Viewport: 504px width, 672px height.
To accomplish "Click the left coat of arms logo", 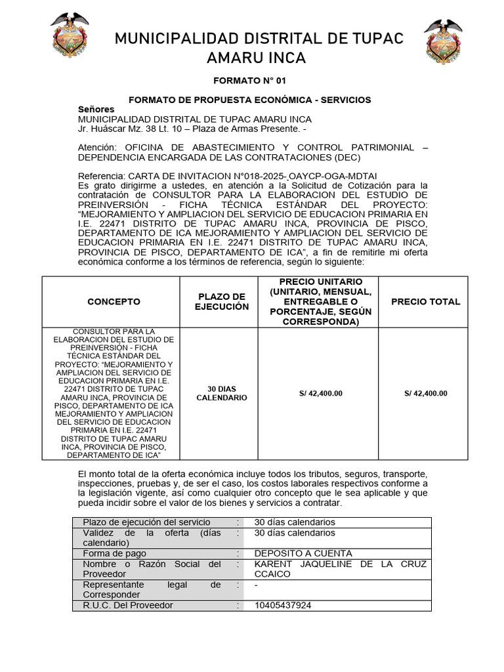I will pyautogui.click(x=70, y=36).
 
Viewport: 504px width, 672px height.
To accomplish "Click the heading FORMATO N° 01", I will pyautogui.click(x=250, y=81).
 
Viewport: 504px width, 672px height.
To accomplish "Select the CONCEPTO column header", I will pyautogui.click(x=114, y=302).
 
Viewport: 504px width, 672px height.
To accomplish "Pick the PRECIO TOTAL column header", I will pyautogui.click(x=425, y=302).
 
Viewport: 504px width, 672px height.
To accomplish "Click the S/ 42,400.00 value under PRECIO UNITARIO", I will pyautogui.click(x=320, y=393).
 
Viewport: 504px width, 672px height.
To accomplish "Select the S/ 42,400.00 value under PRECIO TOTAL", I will pyautogui.click(x=425, y=393).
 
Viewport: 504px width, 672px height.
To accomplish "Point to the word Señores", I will pyautogui.click(x=96, y=109).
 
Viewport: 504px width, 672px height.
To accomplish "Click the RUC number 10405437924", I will pyautogui.click(x=283, y=605).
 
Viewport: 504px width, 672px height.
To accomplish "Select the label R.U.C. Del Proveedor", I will pyautogui.click(x=128, y=605).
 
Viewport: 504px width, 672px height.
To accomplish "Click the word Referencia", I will pyautogui.click(x=100, y=177).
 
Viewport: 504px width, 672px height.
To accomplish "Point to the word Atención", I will pyautogui.click(x=97, y=148).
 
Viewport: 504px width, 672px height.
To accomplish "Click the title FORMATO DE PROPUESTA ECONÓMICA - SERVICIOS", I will pyautogui.click(x=250, y=100).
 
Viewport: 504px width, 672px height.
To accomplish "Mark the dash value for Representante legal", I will pyautogui.click(x=256, y=585).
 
